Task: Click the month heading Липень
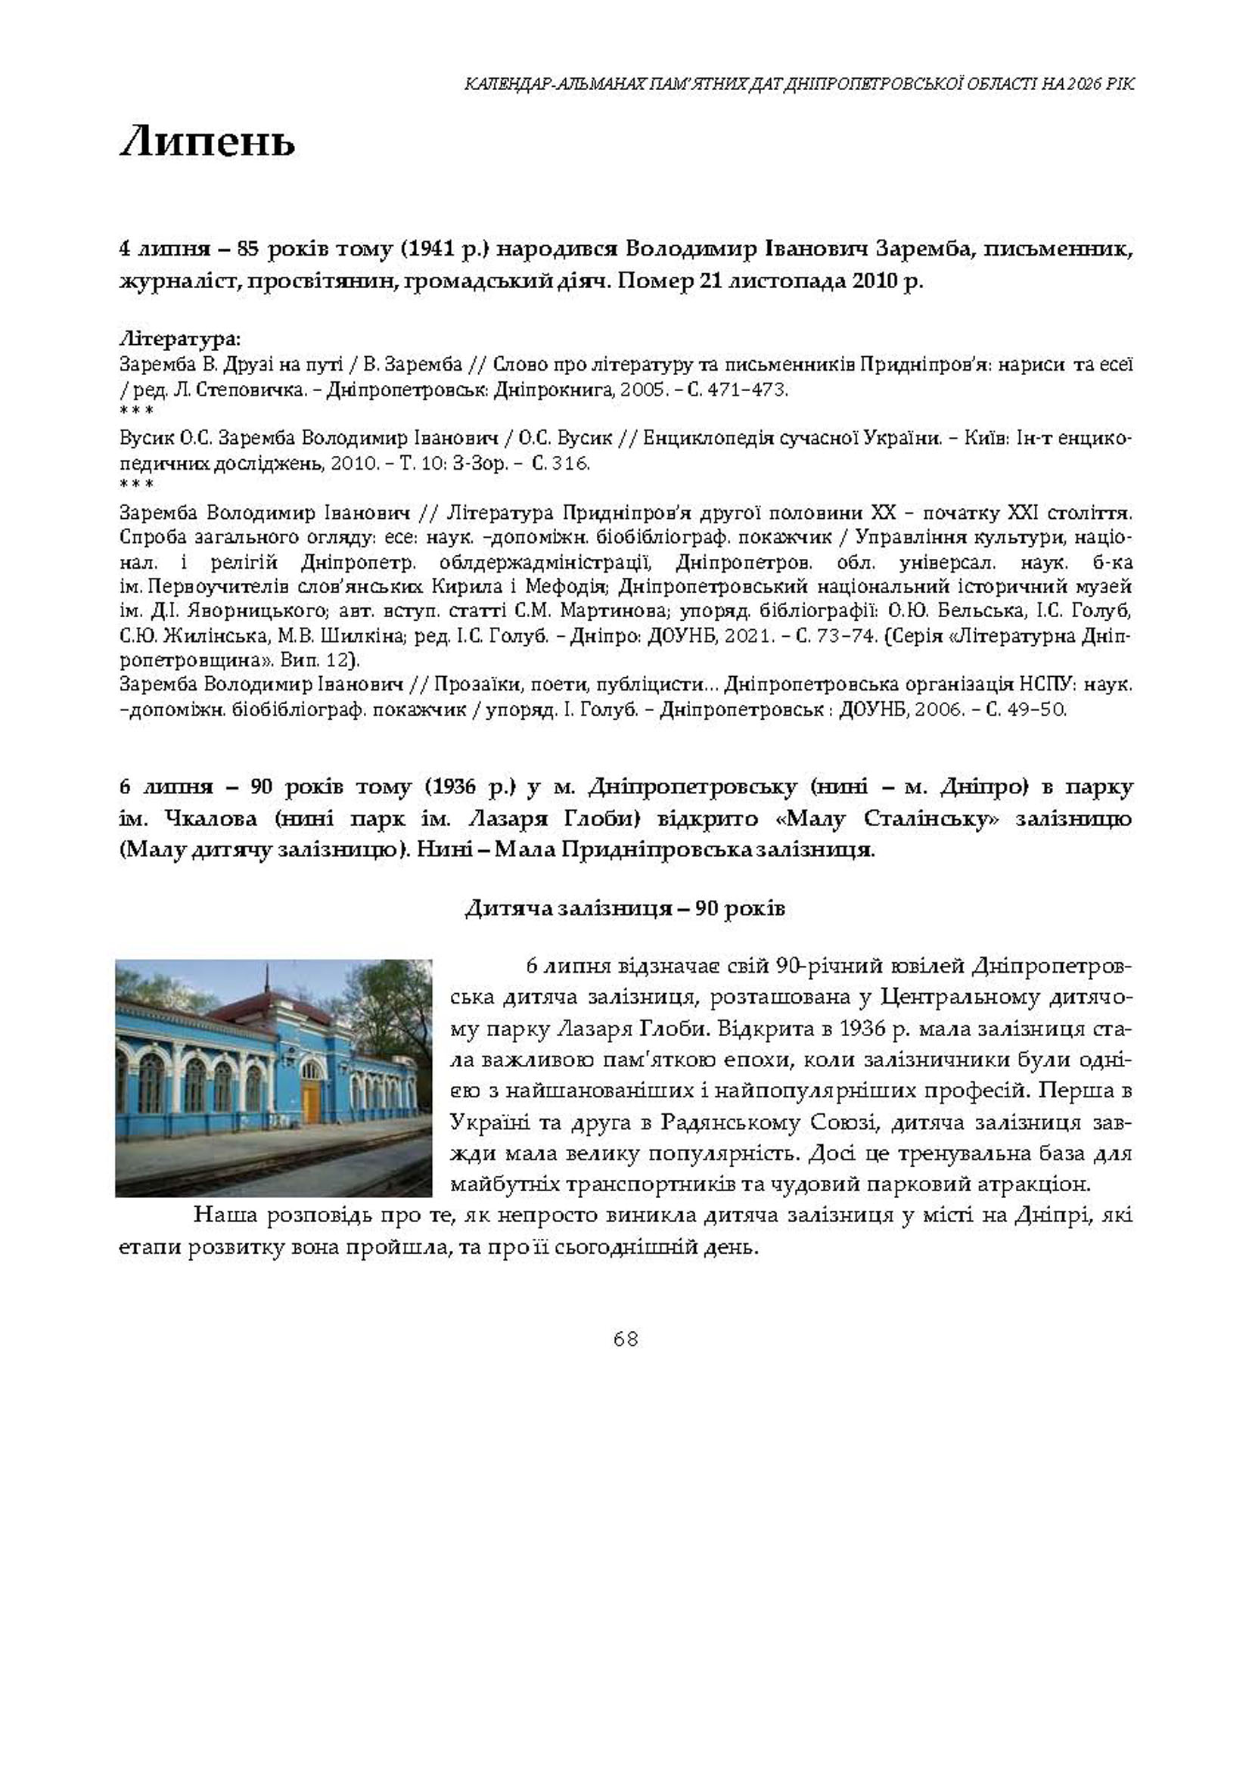[207, 143]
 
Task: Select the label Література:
[179, 338]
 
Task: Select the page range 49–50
[1039, 709]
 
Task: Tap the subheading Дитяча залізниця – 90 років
[625, 908]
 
